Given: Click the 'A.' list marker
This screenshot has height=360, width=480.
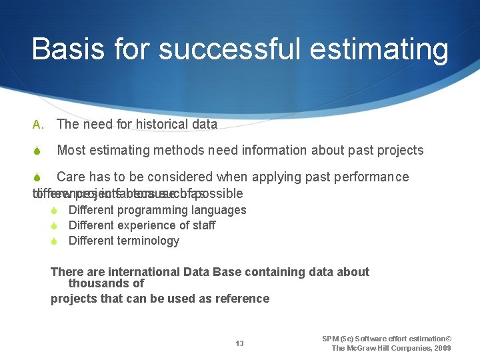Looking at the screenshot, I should [37, 124].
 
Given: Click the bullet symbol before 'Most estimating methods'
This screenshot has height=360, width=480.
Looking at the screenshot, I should [37, 151].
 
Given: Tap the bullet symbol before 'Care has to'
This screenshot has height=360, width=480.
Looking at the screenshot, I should [37, 177].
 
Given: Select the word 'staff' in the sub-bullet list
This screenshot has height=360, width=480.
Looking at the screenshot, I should [203, 225].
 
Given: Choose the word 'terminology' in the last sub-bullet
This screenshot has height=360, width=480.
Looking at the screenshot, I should [148, 241].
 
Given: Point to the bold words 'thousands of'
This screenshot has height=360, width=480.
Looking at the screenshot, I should [106, 283].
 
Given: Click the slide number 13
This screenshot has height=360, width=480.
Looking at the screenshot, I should [239, 343].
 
